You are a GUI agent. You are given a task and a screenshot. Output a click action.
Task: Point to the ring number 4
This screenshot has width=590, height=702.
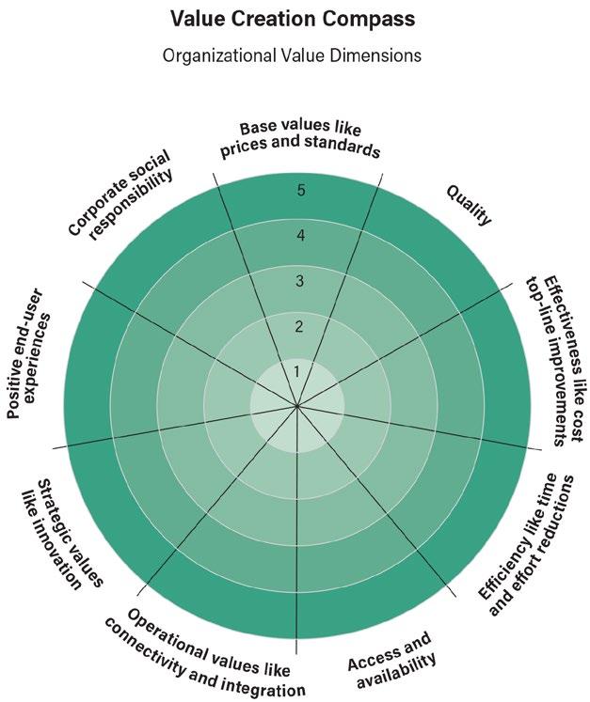(301, 236)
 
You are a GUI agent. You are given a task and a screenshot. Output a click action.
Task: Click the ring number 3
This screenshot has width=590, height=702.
(300, 281)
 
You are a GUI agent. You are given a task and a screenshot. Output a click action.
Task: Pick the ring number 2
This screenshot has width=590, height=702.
(299, 326)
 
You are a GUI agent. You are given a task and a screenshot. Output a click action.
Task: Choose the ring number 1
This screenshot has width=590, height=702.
(297, 371)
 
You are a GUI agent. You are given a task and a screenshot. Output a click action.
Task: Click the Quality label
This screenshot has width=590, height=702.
(468, 204)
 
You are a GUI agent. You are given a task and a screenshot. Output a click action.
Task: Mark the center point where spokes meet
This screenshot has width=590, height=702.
(297, 407)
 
